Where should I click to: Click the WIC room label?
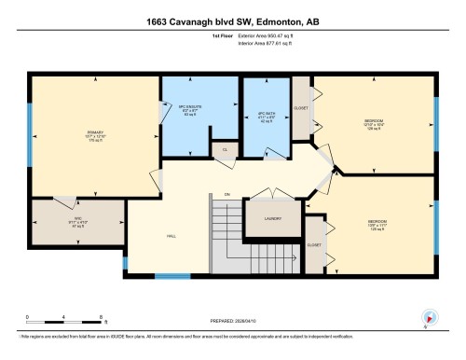pos(78,221)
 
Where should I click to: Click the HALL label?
pos(171,235)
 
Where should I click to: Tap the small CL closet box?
pos(224,148)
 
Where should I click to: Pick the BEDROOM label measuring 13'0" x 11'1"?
pos(377,224)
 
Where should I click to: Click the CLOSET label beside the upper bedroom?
pos(301,108)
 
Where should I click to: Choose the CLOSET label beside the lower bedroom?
pos(314,245)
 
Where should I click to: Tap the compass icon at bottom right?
pos(428,317)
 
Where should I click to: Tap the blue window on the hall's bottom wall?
pos(171,275)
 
